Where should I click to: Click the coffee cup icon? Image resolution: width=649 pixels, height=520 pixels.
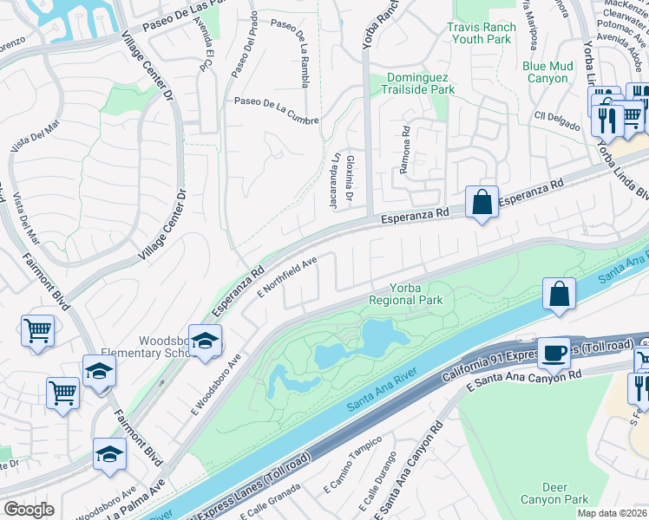[x=554, y=352]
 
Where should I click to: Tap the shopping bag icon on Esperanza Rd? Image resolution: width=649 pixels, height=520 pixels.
[x=482, y=203]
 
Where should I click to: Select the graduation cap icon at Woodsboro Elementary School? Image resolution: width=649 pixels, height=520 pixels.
[x=205, y=341]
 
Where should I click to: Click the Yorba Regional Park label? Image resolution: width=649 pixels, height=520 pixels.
[x=405, y=294]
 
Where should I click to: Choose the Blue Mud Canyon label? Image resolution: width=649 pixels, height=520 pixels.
[x=547, y=72]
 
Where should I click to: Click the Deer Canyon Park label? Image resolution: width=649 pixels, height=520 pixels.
[x=554, y=493]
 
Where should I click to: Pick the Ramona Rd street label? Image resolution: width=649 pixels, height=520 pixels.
[x=404, y=149]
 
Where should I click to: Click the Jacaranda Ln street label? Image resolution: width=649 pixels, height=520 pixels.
[x=334, y=175]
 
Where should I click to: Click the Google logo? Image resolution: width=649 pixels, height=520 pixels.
[x=29, y=510]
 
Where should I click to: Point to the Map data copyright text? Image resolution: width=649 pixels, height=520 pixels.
[x=611, y=513]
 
